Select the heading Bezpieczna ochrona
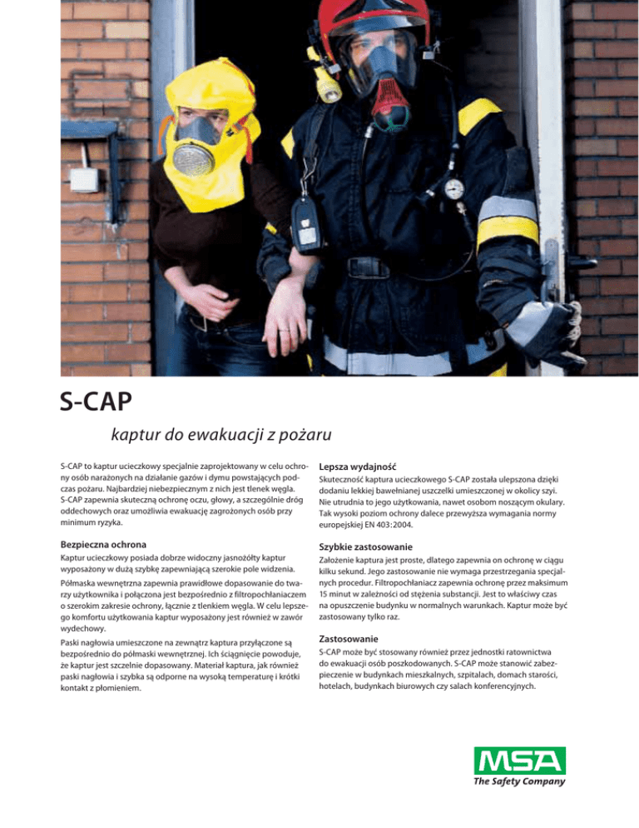(104, 543)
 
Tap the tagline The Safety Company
(519, 781)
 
